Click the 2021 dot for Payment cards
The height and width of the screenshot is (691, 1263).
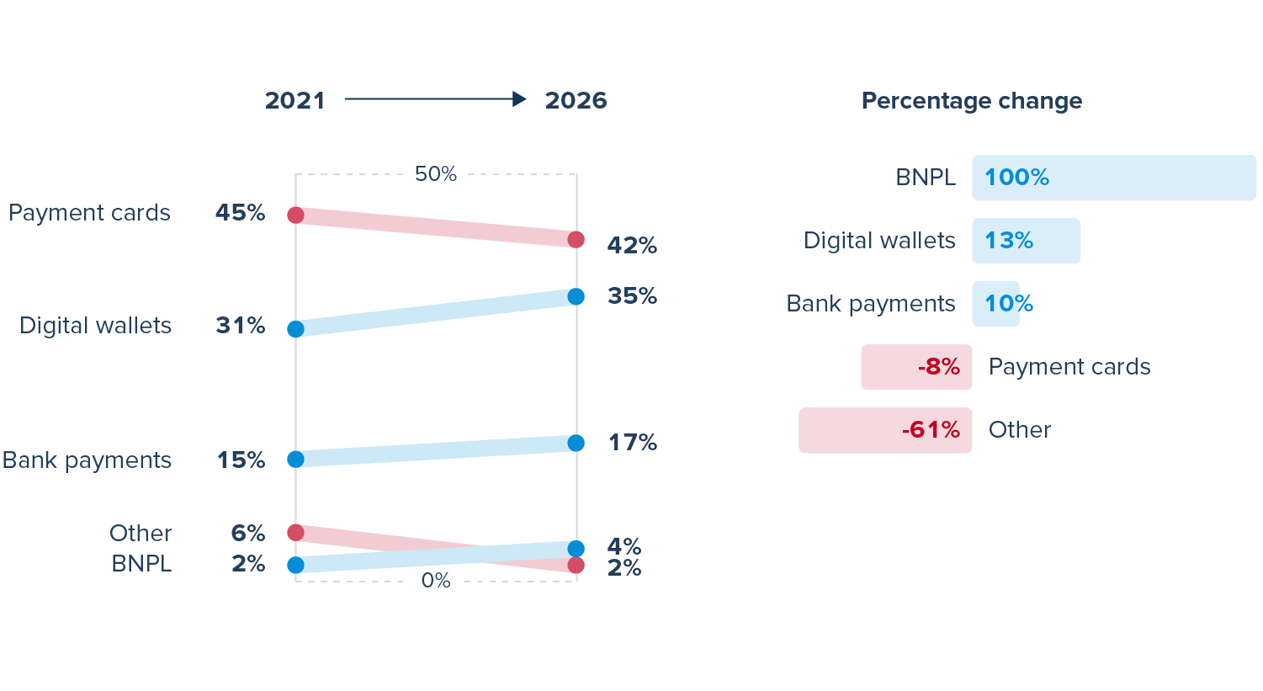(295, 215)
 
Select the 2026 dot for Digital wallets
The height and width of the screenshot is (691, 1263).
(576, 296)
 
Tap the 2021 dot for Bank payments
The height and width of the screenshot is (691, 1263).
(295, 460)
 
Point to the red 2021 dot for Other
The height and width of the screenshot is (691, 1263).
(295, 533)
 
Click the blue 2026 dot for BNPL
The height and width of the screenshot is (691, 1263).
(576, 549)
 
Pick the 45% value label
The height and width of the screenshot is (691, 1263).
(240, 213)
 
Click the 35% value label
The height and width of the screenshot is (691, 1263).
(632, 296)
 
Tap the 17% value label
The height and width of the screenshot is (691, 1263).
(632, 443)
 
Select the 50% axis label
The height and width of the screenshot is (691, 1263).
(436, 174)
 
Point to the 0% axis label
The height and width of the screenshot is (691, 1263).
(436, 581)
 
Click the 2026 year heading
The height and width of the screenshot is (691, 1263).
(576, 101)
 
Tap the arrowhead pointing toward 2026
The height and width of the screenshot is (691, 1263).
(519, 99)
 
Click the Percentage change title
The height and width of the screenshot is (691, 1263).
(972, 101)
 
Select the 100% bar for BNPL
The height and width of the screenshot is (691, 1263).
(1113, 178)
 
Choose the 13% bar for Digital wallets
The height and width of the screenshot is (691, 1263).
(1026, 241)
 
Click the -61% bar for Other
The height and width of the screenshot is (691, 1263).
(885, 430)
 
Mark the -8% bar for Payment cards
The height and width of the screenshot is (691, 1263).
(916, 367)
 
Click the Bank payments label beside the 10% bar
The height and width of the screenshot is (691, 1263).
(871, 304)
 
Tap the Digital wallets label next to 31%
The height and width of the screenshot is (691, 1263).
(95, 326)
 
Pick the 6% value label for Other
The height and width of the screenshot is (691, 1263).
(248, 534)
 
